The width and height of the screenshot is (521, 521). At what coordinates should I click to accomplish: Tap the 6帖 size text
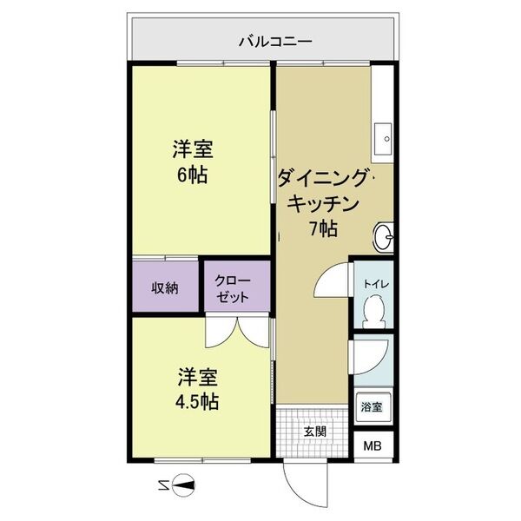pyautogui.click(x=192, y=174)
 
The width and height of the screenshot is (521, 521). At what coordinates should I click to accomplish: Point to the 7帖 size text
pyautogui.click(x=324, y=229)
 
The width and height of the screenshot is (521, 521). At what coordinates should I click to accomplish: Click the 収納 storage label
pyautogui.click(x=165, y=288)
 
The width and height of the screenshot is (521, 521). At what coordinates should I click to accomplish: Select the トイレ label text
pyautogui.click(x=376, y=283)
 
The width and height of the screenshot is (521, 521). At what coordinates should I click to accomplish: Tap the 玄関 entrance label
pyautogui.click(x=315, y=432)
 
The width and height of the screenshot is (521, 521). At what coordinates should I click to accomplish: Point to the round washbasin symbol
pyautogui.click(x=384, y=234)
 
